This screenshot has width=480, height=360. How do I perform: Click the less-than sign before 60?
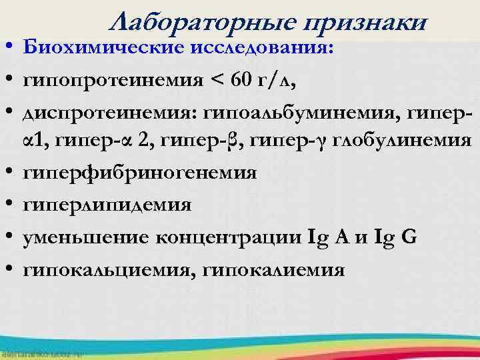[217, 82]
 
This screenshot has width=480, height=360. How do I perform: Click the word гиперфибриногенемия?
[139, 173]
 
